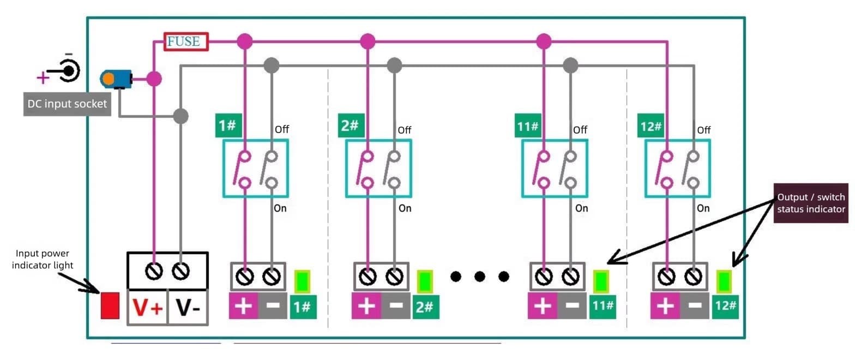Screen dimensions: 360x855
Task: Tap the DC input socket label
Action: [x=67, y=104]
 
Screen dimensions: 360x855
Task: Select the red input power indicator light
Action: [x=110, y=305]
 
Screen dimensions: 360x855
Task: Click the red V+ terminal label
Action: [x=147, y=309]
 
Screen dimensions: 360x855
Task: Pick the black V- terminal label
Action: [x=188, y=309]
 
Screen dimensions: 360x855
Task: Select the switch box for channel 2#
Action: [x=378, y=168]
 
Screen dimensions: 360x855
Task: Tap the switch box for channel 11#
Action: [x=555, y=168]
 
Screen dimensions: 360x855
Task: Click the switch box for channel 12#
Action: [x=677, y=168]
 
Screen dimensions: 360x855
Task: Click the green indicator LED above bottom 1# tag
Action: [x=302, y=281]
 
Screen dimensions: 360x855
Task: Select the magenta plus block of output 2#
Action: [x=366, y=306]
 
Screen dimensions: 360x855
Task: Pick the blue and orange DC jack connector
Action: [x=116, y=79]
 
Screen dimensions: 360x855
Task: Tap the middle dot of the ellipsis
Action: [x=480, y=277]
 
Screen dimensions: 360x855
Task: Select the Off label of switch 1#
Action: [x=282, y=130]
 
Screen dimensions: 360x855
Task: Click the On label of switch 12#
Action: [x=703, y=208]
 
